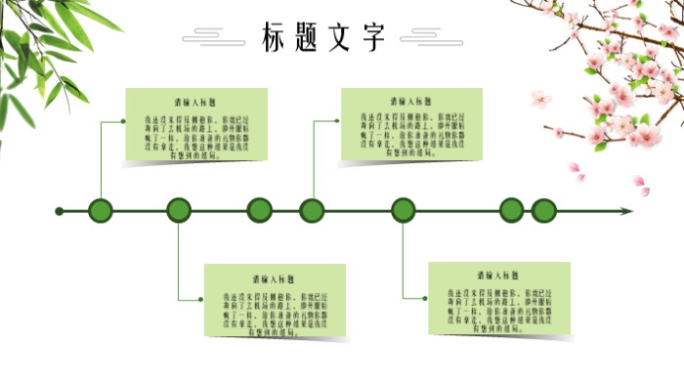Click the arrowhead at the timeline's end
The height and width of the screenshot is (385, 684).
click(x=626, y=210)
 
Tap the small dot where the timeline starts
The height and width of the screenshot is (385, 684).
click(x=60, y=210)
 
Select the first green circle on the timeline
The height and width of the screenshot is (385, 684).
click(x=101, y=210)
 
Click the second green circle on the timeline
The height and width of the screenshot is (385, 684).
click(x=179, y=210)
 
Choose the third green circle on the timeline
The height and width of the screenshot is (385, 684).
click(x=259, y=210)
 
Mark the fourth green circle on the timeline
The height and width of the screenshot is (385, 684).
click(x=312, y=210)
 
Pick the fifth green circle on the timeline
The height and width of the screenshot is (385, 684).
click(x=404, y=210)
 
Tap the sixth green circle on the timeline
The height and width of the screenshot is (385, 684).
click(x=512, y=210)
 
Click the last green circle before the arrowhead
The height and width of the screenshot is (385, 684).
click(x=544, y=210)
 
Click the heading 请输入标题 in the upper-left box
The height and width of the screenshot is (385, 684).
click(x=196, y=102)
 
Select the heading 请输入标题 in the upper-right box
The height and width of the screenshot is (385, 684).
click(x=411, y=102)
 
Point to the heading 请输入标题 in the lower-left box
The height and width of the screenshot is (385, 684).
click(x=275, y=278)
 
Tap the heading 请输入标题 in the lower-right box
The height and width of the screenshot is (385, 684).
click(x=498, y=276)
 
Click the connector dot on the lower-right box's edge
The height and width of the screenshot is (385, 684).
click(x=429, y=299)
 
